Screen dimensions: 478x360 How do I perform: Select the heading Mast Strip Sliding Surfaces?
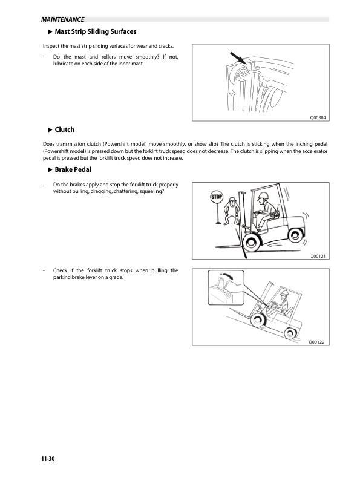[x=95, y=31]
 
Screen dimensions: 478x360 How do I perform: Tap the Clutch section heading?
[x=64, y=129]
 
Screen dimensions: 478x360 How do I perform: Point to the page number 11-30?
[x=44, y=460]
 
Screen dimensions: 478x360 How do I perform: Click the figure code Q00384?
[x=318, y=117]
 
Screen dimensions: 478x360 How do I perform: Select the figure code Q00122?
[x=317, y=342]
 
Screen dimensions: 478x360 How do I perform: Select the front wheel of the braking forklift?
[x=250, y=243]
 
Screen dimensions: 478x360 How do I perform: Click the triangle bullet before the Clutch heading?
[x=50, y=129]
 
